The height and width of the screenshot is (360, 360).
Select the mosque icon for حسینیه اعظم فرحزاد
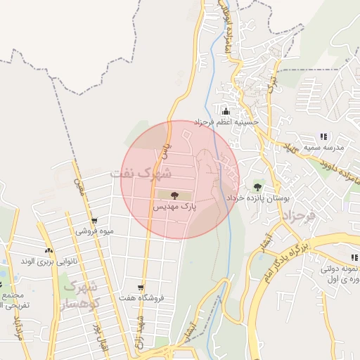tap(226, 111)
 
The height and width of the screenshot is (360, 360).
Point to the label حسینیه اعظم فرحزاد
tap(227, 122)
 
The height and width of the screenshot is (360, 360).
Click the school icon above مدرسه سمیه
tap(323, 136)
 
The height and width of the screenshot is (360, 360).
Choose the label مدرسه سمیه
tap(323, 148)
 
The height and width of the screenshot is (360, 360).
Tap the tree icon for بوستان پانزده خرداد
tap(258, 187)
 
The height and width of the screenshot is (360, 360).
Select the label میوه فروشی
tap(96, 230)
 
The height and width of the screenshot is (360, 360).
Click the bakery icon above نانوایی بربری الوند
tap(49, 250)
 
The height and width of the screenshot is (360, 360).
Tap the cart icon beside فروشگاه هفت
tap(141, 287)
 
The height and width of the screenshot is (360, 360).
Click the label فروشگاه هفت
tap(147, 298)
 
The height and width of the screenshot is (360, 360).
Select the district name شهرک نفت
tap(141, 172)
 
